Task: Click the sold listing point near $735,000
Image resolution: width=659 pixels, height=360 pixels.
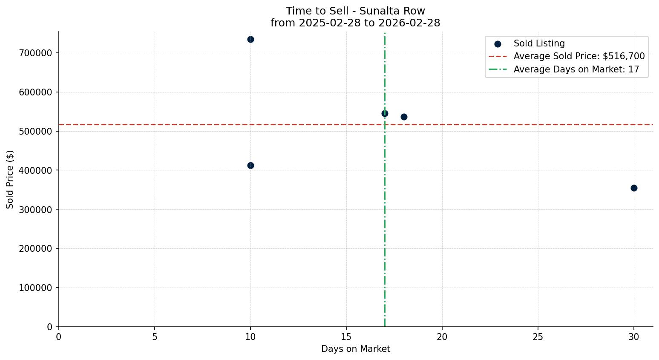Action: click(x=250, y=39)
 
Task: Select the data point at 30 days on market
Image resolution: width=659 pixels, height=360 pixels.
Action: click(x=634, y=188)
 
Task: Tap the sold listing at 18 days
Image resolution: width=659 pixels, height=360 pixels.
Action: click(x=404, y=117)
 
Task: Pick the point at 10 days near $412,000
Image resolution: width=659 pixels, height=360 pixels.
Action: click(x=250, y=165)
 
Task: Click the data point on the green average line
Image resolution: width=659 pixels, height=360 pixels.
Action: click(x=385, y=113)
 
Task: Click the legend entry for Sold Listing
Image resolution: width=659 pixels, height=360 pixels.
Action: click(x=539, y=43)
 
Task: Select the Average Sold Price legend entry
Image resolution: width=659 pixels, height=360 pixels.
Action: click(x=579, y=56)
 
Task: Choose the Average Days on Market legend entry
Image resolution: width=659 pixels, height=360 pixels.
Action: click(x=576, y=69)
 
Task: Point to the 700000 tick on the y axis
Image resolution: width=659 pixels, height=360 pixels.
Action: click(x=35, y=53)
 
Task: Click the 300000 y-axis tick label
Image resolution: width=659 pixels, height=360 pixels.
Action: click(x=35, y=210)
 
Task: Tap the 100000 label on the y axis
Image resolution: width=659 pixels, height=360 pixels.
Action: click(x=35, y=288)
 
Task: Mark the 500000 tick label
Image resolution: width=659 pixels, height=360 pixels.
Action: click(x=35, y=131)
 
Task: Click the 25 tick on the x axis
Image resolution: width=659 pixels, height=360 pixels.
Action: click(x=538, y=337)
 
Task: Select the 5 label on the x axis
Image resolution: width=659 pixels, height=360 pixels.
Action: click(x=155, y=337)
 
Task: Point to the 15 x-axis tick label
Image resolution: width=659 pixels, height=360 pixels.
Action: click(x=346, y=337)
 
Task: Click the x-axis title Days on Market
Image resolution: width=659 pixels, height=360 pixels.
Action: click(x=356, y=349)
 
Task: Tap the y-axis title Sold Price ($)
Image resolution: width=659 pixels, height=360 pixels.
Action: click(x=10, y=179)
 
